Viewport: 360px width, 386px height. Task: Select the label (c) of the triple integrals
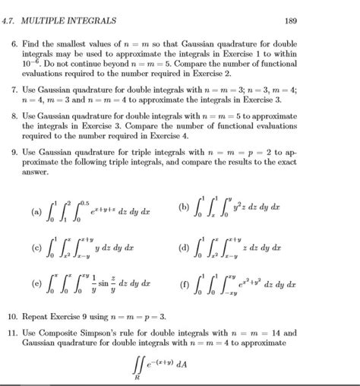(36, 248)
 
